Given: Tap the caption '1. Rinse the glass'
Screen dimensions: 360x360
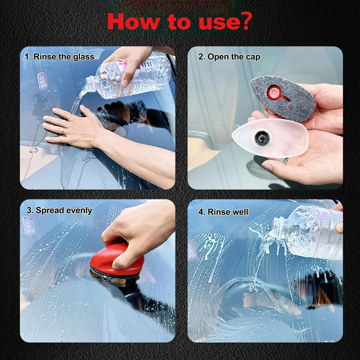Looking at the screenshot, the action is (x=59, y=57).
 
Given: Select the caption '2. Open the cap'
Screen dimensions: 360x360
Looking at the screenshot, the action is (x=229, y=57).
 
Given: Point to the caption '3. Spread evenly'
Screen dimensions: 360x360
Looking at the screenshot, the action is (x=59, y=210).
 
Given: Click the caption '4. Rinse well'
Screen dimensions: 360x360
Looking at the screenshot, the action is (x=223, y=212).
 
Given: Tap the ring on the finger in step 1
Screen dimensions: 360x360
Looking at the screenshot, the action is (x=63, y=131).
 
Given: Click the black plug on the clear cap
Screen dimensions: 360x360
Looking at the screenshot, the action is (x=262, y=138).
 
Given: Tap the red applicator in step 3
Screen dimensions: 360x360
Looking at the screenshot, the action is (x=117, y=260).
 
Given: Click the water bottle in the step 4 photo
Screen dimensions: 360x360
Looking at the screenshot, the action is (x=308, y=232).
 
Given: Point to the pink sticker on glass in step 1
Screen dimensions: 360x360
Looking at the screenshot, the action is (x=42, y=81).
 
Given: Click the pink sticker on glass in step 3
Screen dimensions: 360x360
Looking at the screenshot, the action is (x=29, y=226).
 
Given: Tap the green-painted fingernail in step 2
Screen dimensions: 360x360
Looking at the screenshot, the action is (x=285, y=161).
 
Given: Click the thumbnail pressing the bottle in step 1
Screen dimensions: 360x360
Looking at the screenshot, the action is (x=125, y=83).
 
